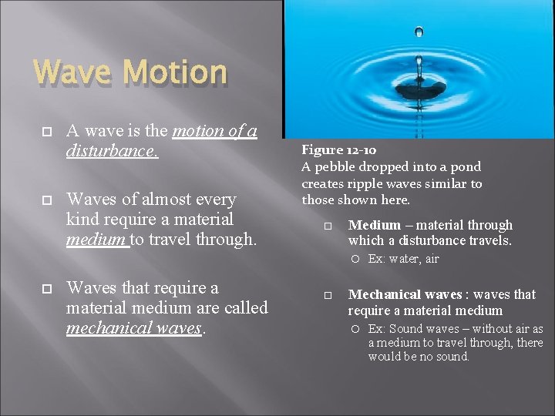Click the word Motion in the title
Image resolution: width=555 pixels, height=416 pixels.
[175, 73]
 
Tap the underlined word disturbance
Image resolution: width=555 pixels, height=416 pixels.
[111, 150]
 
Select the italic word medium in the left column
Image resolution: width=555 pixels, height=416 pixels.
[96, 240]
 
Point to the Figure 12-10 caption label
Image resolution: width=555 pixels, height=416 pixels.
[338, 149]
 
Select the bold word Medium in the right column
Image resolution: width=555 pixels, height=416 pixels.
[374, 225]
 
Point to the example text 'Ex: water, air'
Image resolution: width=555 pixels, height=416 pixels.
[403, 259]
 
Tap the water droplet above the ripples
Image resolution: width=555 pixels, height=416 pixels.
[419, 32]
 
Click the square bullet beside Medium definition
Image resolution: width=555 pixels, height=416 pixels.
[327, 226]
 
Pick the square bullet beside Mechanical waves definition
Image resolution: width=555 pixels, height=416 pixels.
[327, 295]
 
